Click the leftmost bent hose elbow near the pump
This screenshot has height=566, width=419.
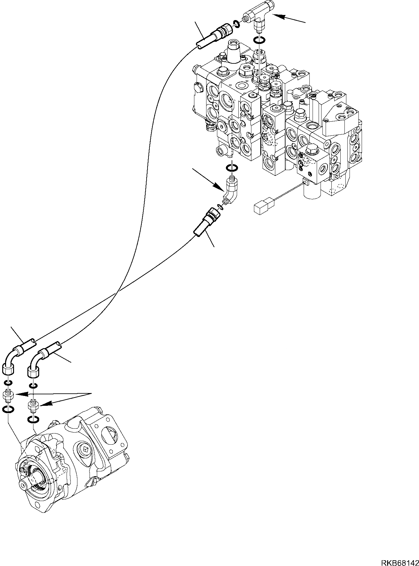(x=11, y=361)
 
